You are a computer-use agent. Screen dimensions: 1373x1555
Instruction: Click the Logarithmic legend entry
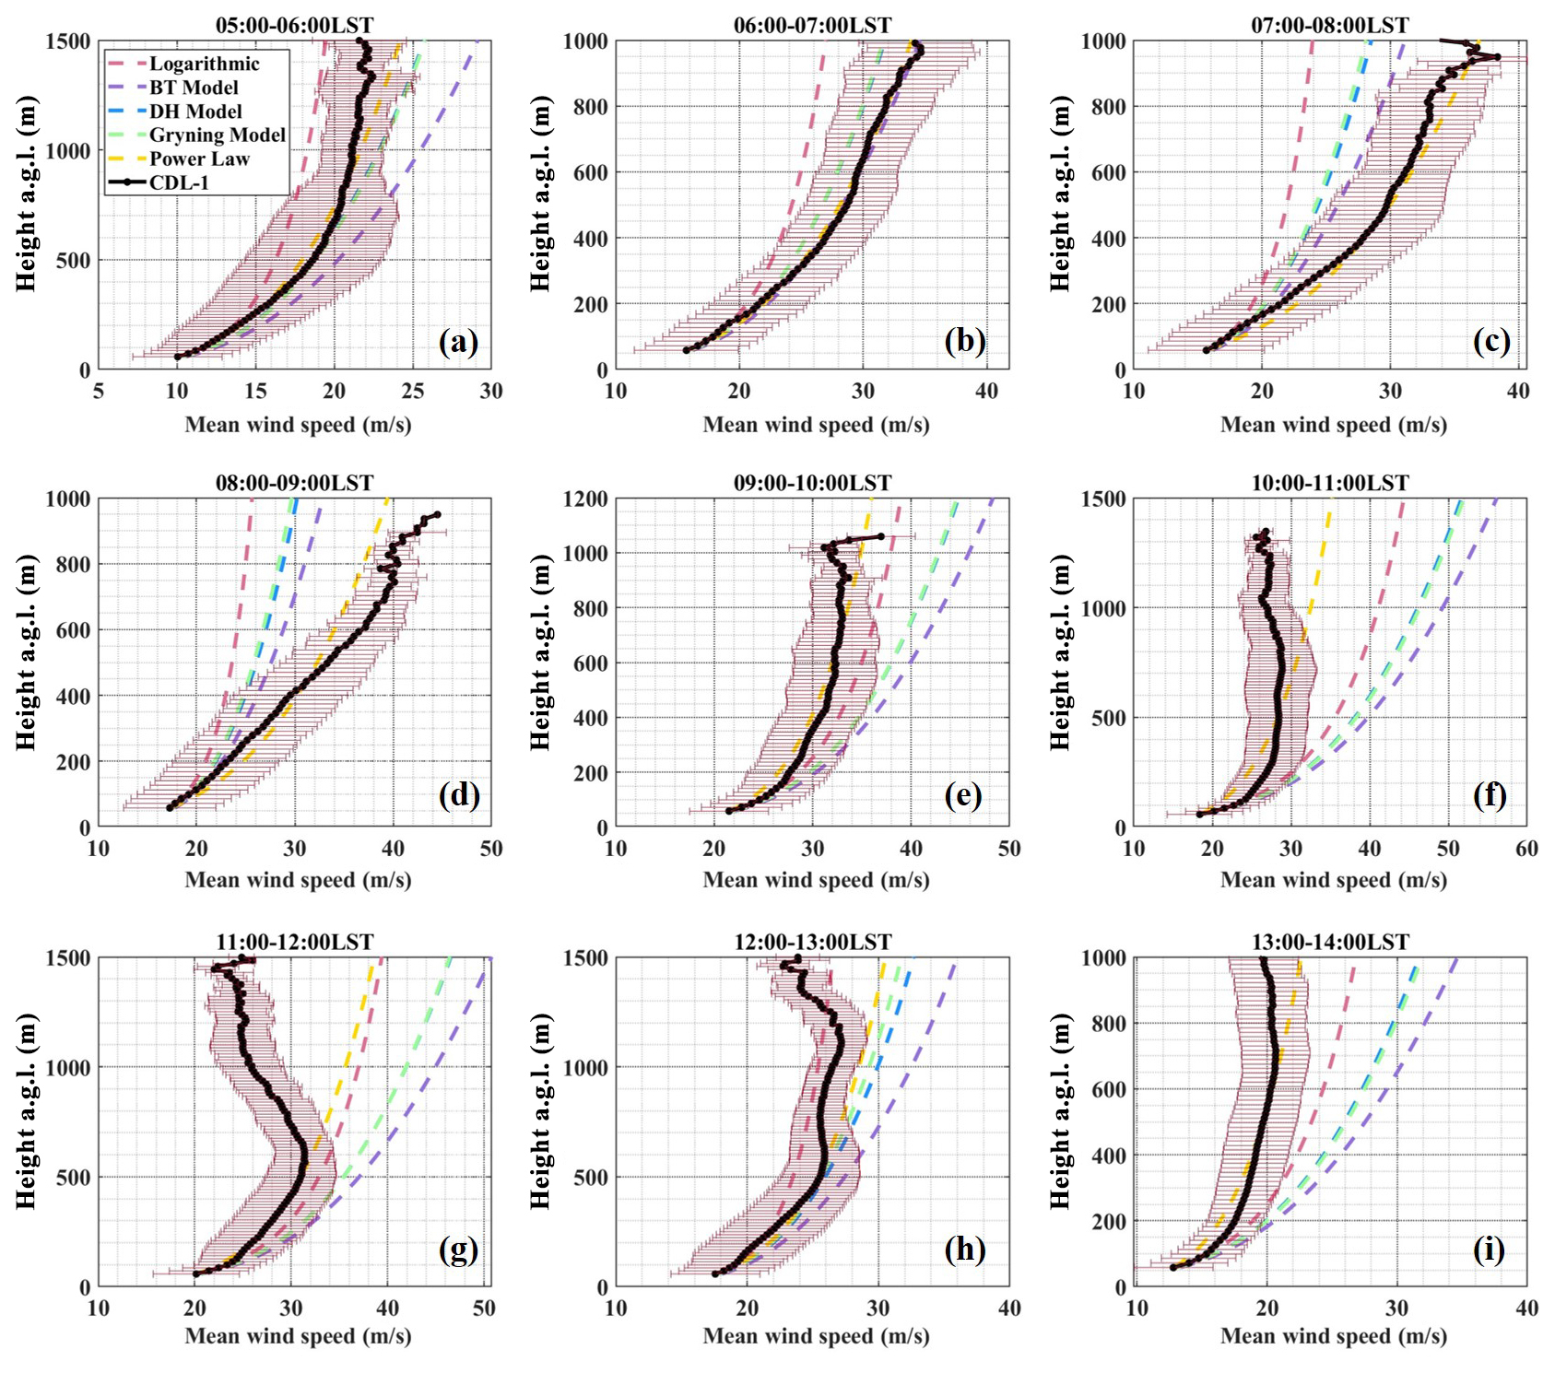(x=204, y=64)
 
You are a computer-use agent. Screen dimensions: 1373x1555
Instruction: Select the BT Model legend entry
(x=194, y=88)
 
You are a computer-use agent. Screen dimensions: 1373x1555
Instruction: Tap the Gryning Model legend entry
(x=217, y=135)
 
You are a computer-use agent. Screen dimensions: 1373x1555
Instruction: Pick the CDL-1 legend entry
(x=179, y=182)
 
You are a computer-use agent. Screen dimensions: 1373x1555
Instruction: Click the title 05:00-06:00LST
(x=294, y=25)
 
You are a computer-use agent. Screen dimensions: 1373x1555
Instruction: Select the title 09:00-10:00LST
(x=812, y=483)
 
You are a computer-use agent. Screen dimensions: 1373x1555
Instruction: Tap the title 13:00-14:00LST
(x=1330, y=942)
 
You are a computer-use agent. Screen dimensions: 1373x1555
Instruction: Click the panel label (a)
(x=458, y=342)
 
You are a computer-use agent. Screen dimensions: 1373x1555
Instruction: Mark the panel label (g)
(x=458, y=1250)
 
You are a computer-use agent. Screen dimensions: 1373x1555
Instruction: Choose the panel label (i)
(x=1489, y=1250)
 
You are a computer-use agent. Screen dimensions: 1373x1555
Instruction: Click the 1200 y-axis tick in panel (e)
(x=585, y=499)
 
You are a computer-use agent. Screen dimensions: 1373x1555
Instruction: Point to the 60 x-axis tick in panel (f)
(x=1526, y=849)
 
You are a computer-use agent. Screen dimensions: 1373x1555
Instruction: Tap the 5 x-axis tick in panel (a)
(x=99, y=391)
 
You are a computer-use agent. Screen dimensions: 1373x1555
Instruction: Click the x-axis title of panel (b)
(x=816, y=425)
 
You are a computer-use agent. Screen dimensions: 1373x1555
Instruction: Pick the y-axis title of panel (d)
(x=26, y=652)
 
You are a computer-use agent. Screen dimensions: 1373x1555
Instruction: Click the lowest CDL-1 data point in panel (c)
(x=1206, y=350)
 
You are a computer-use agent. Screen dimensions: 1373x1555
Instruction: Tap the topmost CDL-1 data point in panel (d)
(x=437, y=514)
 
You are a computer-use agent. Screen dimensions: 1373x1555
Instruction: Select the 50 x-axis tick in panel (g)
(x=484, y=1308)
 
